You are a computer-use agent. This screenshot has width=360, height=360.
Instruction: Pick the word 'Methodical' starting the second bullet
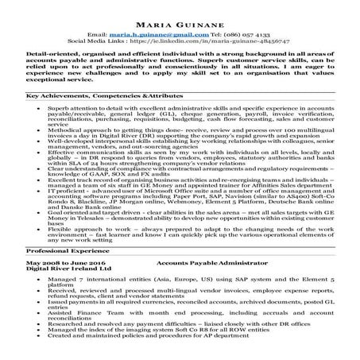click(64, 127)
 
